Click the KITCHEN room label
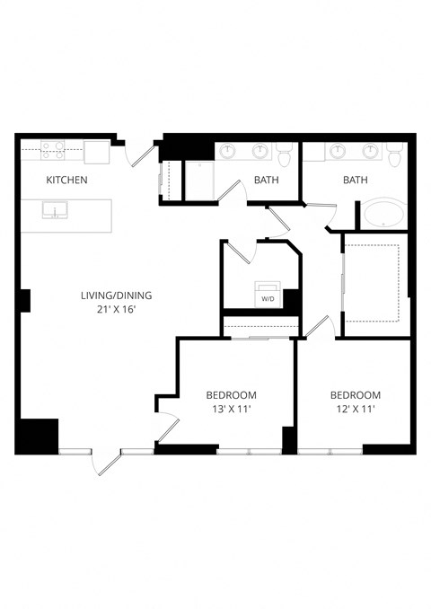[66, 181]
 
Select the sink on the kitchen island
[57, 213]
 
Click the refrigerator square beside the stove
[96, 152]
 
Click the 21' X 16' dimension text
[117, 310]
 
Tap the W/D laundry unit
[268, 297]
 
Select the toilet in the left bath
[285, 155]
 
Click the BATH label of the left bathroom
[266, 181]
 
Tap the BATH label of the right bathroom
[356, 181]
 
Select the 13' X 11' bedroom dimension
[231, 410]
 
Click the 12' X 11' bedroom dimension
[354, 410]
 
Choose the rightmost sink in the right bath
[372, 149]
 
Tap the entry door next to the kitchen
[137, 155]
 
